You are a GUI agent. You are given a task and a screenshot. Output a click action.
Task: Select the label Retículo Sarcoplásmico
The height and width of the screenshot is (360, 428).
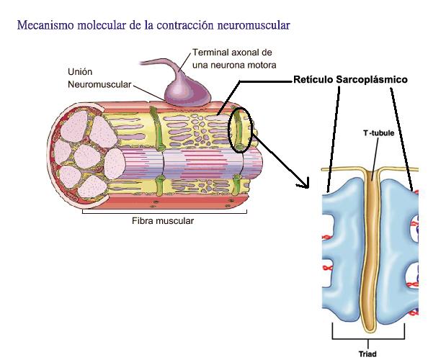point(351,80)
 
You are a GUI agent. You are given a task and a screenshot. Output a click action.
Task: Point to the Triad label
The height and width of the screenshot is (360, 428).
point(367,354)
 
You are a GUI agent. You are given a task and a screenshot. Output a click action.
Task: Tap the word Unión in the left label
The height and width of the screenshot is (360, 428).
point(81,72)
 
